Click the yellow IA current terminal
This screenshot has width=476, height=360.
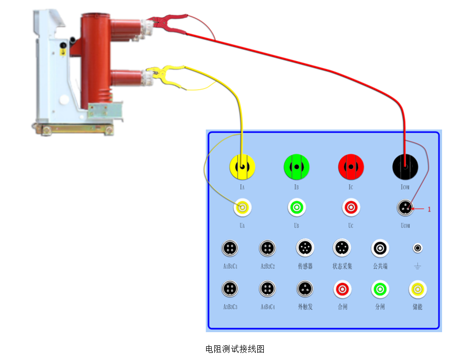(243, 167)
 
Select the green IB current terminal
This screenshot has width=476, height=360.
(297, 167)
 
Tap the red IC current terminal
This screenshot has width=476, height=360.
(351, 167)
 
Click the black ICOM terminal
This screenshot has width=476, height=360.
(405, 166)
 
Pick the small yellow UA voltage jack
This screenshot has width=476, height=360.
(243, 207)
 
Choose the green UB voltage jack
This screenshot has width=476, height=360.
(297, 207)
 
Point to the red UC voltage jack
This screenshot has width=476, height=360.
(351, 207)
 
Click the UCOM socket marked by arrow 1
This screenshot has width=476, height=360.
(405, 207)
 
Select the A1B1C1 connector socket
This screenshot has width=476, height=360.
(230, 248)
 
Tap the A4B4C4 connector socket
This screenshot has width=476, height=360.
(268, 289)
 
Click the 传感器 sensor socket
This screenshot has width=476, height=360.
(305, 248)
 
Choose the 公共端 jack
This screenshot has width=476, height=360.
(380, 248)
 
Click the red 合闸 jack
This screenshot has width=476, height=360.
(342, 289)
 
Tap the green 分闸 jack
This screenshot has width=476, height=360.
(380, 289)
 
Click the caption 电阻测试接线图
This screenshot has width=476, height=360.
(235, 349)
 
